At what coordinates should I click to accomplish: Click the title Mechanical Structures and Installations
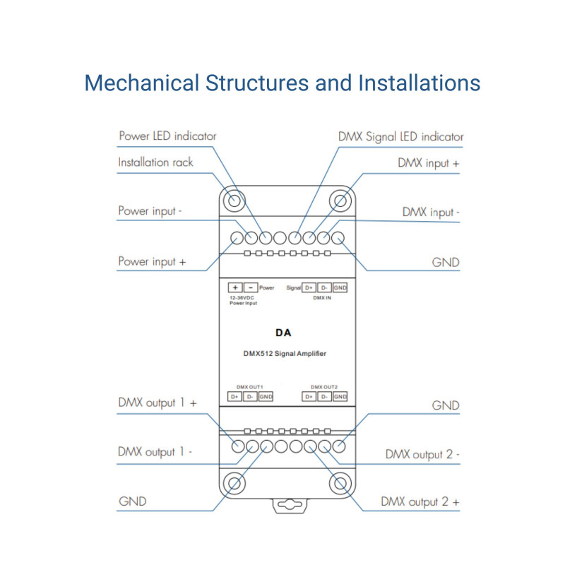pos(282,83)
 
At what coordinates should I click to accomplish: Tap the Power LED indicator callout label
pos(167,136)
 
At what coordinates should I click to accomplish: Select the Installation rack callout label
pos(155,162)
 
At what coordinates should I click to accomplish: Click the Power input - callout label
pos(151,210)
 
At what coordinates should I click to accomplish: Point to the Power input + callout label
pos(152,261)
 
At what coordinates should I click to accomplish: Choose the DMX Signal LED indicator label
pos(400,136)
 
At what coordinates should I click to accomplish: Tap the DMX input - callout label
pos(431,211)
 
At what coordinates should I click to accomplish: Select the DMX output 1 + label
pos(157,403)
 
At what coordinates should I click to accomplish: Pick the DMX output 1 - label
pos(155,452)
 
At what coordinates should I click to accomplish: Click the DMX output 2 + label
pos(420,502)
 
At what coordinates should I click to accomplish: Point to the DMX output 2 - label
pos(422,454)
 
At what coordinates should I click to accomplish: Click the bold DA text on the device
pos(283,332)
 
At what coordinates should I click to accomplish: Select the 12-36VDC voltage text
pos(242,298)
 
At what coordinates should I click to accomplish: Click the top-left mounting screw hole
pos(233,201)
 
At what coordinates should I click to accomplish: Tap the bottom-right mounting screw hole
pos(340,484)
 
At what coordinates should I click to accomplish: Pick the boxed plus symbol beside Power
pos(234,287)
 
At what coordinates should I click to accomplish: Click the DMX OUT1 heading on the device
pos(249,387)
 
